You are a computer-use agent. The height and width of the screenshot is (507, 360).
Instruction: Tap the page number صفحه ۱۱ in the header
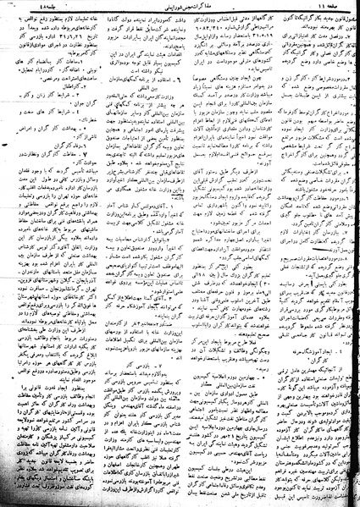[x=334, y=8]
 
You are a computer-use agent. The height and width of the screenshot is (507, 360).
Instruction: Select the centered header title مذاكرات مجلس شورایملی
[x=180, y=8]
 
